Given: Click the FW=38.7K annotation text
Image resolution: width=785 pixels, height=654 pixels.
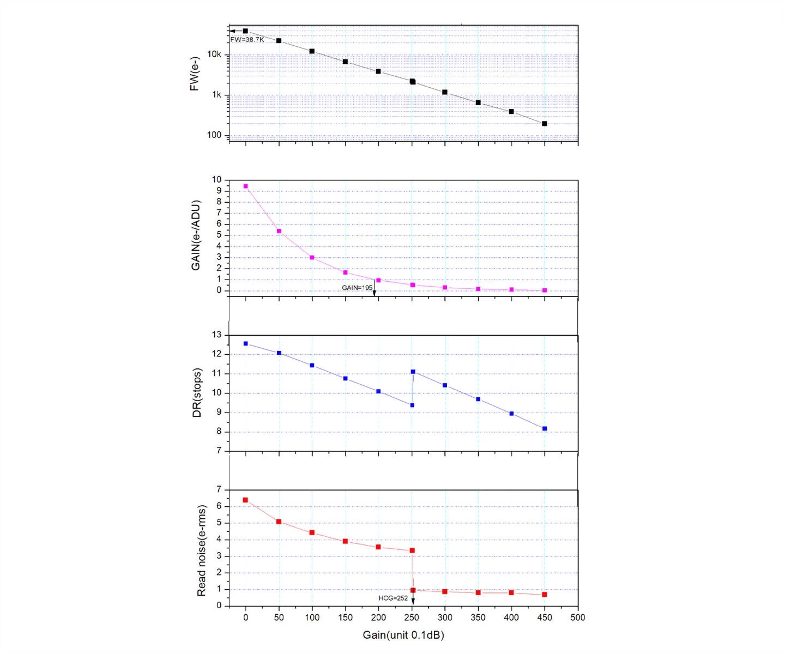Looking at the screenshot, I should [247, 40].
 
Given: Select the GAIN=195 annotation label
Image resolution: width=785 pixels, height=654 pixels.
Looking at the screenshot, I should [357, 287].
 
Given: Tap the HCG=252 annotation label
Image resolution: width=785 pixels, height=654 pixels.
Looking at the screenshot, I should [393, 598].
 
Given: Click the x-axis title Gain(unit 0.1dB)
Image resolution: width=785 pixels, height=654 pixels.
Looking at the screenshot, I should [403, 635].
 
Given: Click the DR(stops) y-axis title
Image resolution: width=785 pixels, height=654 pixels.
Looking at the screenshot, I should [197, 393].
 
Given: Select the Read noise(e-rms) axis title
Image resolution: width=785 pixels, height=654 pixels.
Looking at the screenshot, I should [202, 550].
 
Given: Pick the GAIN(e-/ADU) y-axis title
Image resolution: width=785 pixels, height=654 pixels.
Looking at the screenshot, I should [196, 236].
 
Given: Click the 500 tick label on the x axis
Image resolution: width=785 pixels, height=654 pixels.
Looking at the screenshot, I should [578, 617].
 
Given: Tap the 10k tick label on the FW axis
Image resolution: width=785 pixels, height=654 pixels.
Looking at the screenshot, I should [214, 55].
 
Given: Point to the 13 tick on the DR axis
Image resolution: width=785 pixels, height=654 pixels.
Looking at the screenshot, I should [217, 335].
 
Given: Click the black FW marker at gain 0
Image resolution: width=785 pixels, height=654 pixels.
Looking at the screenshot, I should [245, 31].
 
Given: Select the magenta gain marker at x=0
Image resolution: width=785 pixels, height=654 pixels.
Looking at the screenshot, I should [245, 186].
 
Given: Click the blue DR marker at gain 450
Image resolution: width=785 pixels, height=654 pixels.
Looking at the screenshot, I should [545, 429].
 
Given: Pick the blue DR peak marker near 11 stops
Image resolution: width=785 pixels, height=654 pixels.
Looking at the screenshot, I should [413, 372].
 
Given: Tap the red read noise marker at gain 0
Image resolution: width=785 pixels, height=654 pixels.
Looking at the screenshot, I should [245, 500].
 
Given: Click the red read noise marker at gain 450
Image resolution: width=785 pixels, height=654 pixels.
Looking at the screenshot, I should [545, 594].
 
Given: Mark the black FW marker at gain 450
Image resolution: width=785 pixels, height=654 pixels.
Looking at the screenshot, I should [545, 124].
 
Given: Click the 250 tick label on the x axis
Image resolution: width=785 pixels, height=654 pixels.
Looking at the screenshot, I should [412, 617].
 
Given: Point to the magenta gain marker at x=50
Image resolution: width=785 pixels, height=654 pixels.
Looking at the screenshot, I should [279, 231].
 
